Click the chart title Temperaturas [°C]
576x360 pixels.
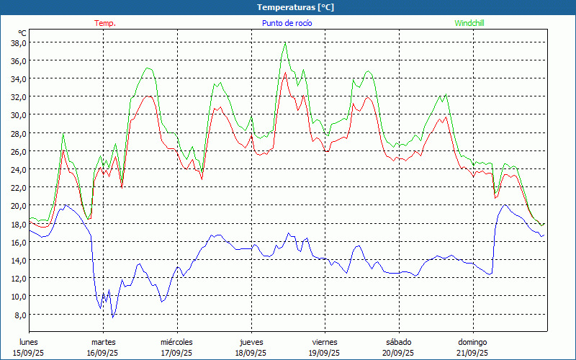[296, 7]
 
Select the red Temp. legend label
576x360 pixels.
[105, 23]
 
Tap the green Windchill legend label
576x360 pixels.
[469, 23]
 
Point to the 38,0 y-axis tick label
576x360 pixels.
[18, 42]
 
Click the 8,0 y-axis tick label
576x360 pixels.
[20, 315]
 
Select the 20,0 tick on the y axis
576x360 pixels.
[18, 206]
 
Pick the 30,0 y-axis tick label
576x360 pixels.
[18, 115]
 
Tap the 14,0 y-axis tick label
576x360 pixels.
[18, 260]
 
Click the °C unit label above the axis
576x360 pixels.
[22, 33]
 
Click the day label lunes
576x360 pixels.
[29, 342]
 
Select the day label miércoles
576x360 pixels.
[176, 342]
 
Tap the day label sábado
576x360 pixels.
[398, 342]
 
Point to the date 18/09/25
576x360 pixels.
[250, 353]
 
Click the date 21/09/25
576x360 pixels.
[472, 353]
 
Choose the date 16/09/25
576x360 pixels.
[103, 353]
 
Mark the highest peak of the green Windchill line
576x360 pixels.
[286, 42]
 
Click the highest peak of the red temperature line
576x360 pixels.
[286, 72]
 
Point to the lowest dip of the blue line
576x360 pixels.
[112, 318]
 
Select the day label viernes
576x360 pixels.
[325, 342]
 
